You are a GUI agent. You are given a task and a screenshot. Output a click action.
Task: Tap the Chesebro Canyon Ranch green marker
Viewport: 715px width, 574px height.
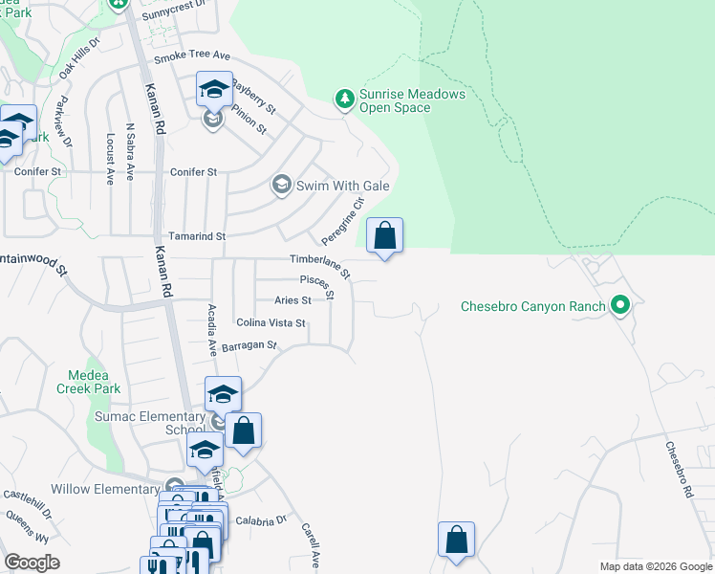click(x=620, y=306)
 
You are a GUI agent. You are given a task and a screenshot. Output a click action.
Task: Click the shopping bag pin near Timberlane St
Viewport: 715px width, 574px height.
click(x=384, y=236)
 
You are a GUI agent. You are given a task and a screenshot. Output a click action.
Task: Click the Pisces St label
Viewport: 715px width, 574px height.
click(x=315, y=284)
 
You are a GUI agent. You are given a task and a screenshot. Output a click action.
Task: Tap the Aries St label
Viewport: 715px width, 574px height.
click(x=292, y=300)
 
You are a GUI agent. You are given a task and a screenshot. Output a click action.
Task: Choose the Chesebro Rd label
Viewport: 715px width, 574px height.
click(x=677, y=469)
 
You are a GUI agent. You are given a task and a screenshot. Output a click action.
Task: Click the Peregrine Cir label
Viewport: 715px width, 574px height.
click(x=343, y=219)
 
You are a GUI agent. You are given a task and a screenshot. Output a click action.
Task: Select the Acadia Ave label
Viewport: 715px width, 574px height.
click(x=212, y=330)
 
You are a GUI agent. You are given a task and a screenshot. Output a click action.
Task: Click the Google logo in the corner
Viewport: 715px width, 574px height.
click(x=32, y=563)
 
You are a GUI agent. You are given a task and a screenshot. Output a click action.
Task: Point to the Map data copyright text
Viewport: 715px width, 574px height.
click(x=655, y=566)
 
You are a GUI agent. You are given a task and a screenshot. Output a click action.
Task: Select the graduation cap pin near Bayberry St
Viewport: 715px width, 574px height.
click(x=214, y=91)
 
